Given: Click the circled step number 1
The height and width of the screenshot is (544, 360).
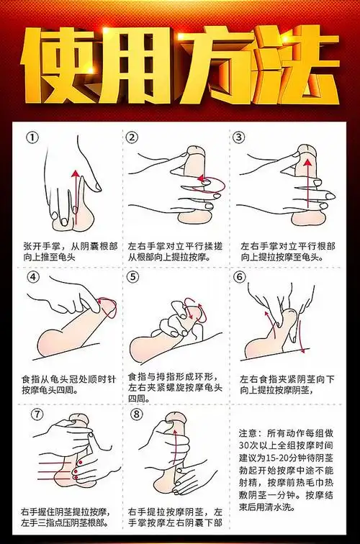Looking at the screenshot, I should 32,137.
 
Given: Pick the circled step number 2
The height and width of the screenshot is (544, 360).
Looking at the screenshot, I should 132,137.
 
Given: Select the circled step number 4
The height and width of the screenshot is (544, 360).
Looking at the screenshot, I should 32,277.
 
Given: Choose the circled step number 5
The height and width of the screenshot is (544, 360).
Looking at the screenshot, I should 132,277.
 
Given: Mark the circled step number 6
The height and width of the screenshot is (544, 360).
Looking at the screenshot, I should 240,277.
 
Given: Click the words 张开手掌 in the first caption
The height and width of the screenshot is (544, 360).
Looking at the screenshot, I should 39,245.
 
